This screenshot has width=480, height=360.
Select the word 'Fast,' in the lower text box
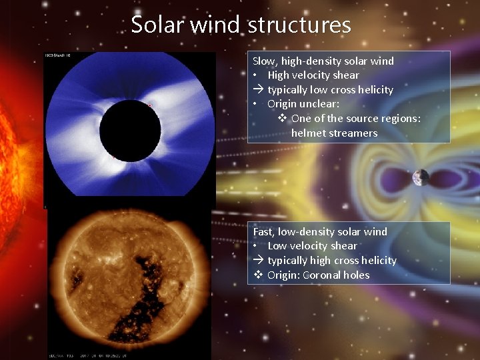(x=265, y=232)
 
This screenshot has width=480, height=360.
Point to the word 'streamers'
(x=355, y=133)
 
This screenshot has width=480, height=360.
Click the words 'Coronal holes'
(x=336, y=275)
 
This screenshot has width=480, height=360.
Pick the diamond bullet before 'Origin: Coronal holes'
(x=258, y=275)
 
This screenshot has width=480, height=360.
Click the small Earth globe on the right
(x=421, y=177)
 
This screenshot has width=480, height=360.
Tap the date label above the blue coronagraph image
(x=58, y=55)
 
